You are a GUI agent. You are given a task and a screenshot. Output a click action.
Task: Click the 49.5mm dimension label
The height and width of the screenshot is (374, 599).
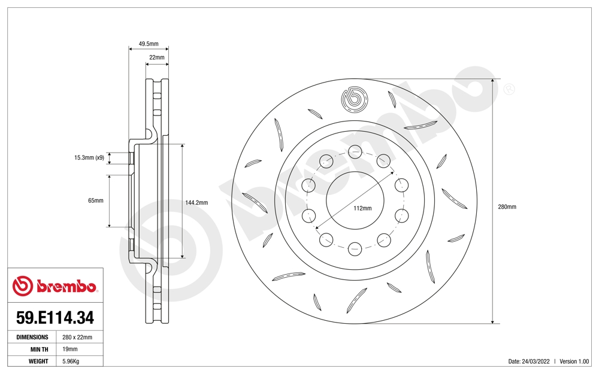[x=149, y=44]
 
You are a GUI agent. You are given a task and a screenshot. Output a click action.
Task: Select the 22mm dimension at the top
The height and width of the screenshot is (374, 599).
[x=157, y=57]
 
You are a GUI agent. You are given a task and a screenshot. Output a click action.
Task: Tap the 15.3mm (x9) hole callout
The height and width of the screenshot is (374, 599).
[x=89, y=158]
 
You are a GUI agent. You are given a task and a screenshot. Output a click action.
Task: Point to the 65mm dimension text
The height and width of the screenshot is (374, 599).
[x=95, y=200]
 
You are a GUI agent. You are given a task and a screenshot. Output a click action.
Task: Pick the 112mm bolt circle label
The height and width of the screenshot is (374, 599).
[x=362, y=208]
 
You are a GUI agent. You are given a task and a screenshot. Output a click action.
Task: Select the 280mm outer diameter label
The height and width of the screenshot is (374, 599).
[x=507, y=206]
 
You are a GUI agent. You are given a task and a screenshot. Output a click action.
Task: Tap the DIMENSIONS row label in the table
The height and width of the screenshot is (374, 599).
[x=32, y=337]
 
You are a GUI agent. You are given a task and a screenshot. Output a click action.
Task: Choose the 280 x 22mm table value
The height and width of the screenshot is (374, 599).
[x=77, y=337]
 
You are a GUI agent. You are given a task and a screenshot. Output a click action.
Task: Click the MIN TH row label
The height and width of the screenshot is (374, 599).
[x=38, y=349]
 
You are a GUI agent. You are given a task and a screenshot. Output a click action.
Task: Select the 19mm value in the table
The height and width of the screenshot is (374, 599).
[x=70, y=349]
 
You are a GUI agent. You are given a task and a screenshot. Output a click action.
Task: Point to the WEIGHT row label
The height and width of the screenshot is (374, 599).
[x=38, y=361]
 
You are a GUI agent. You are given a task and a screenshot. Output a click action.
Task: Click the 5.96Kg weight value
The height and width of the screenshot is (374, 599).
[x=71, y=361]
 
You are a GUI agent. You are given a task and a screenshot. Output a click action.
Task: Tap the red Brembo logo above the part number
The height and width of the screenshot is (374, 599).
[x=55, y=287]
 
